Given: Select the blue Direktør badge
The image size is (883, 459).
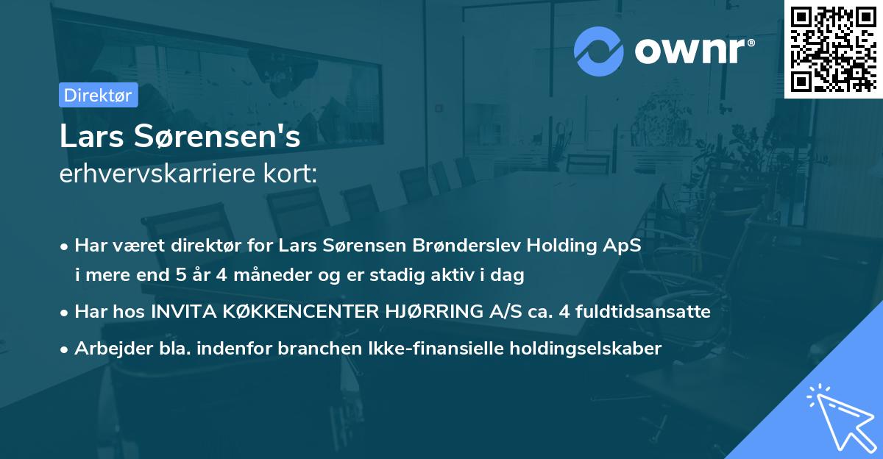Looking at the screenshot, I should (x=98, y=95).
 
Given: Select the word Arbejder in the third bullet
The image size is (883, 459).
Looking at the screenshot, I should (x=110, y=349).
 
